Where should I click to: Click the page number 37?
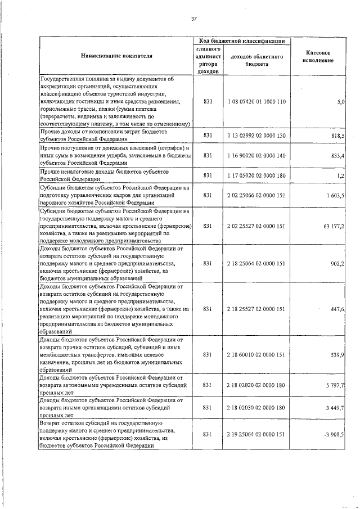click(193, 19)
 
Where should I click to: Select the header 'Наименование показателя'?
click(116, 56)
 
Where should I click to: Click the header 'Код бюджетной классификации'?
click(241, 40)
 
